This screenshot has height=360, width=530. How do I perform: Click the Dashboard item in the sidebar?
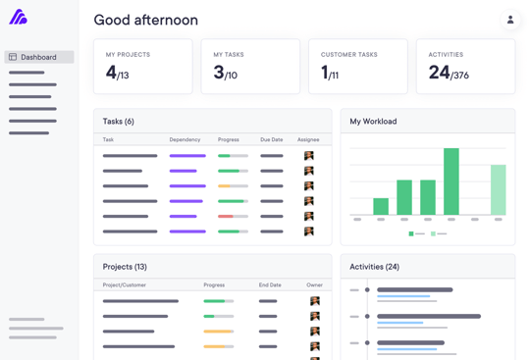(x=38, y=57)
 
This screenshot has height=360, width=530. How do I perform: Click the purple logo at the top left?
(x=18, y=18)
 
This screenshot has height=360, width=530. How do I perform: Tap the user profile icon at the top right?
(x=509, y=20)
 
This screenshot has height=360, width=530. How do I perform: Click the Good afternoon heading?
(x=145, y=21)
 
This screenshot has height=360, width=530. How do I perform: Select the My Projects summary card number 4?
(x=112, y=73)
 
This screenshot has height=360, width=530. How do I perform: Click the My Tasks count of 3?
(x=219, y=73)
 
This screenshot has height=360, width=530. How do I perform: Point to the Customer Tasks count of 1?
(x=325, y=73)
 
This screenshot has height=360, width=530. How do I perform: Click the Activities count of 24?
(x=439, y=73)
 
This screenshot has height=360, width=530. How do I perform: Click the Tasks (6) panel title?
(x=119, y=122)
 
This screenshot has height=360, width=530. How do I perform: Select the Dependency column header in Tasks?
(x=185, y=140)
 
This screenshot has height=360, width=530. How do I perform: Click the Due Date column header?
(x=272, y=140)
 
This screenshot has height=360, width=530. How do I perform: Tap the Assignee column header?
(x=308, y=140)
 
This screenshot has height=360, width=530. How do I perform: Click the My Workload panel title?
(x=373, y=122)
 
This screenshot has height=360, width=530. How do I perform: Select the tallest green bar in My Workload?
(x=451, y=181)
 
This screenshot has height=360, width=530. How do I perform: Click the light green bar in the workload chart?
(x=499, y=190)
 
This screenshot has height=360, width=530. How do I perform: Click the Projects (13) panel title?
(x=125, y=267)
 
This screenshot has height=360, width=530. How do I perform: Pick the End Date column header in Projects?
(x=270, y=285)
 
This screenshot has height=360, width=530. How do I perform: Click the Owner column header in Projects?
(x=314, y=285)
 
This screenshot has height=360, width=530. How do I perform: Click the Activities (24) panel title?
(x=374, y=267)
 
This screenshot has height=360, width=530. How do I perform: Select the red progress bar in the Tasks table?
(x=226, y=216)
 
